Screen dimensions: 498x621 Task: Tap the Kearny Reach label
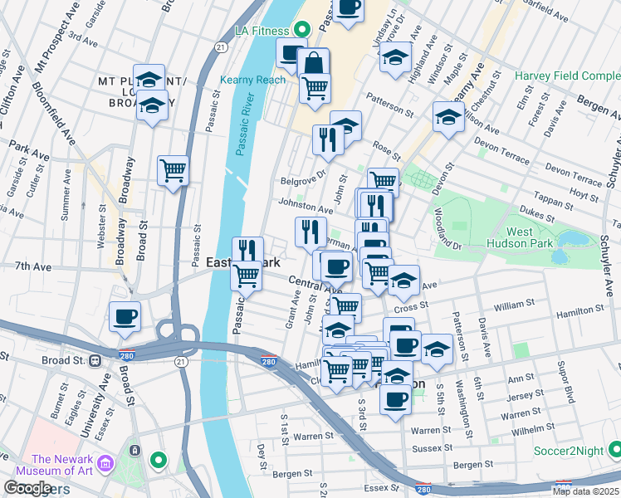coord(252,81)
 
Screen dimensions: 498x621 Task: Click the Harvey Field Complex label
coord(567,76)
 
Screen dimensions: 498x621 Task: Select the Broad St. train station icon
coord(95,361)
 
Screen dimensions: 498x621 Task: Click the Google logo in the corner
coord(27,488)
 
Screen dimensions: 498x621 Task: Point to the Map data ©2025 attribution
coord(585,491)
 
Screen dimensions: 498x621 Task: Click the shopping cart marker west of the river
coord(173,171)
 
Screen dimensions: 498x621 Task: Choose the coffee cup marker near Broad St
coord(125,316)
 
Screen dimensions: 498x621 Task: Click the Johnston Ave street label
coord(306,205)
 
